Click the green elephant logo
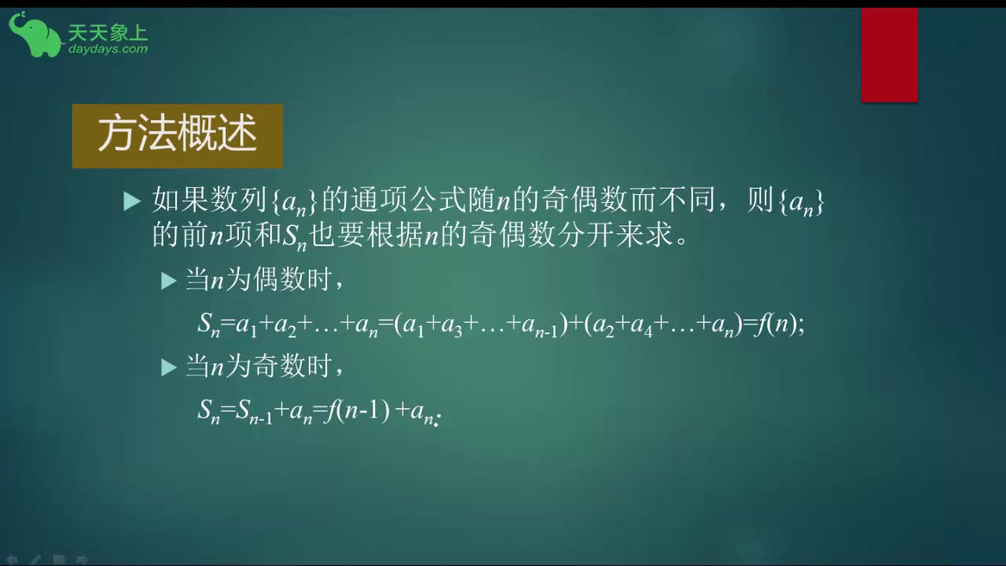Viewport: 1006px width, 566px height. click(x=34, y=35)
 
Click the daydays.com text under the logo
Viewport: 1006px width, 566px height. click(x=108, y=49)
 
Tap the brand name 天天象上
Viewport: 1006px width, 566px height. click(x=108, y=32)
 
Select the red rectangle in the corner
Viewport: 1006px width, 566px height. click(x=889, y=55)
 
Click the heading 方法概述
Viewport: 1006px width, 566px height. click(x=177, y=136)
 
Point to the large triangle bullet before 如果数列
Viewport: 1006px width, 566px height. click(x=132, y=202)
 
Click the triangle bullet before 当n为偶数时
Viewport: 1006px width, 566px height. click(x=168, y=281)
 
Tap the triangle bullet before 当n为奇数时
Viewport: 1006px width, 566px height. click(x=168, y=367)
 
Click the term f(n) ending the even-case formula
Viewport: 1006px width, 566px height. click(x=778, y=324)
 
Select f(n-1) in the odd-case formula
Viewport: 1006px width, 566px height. click(x=358, y=410)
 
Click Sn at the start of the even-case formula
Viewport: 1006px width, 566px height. click(x=208, y=325)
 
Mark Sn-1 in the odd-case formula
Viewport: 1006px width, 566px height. click(x=255, y=411)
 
